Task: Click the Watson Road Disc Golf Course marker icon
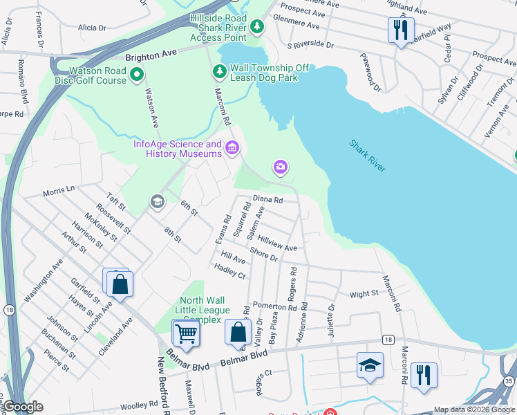tap(137, 73)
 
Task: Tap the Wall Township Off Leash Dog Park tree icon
tap(219, 71)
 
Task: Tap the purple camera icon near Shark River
tap(280, 167)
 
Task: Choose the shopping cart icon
tap(186, 333)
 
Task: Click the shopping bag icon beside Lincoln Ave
tap(120, 284)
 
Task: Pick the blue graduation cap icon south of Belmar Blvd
tap(370, 365)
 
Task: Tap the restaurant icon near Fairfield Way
tap(400, 30)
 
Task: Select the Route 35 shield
tap(509, 381)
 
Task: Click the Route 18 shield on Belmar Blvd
tap(389, 340)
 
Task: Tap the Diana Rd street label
tap(268, 199)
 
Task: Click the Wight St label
tap(364, 294)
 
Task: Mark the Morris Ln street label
tap(58, 191)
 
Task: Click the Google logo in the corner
tap(23, 407)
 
